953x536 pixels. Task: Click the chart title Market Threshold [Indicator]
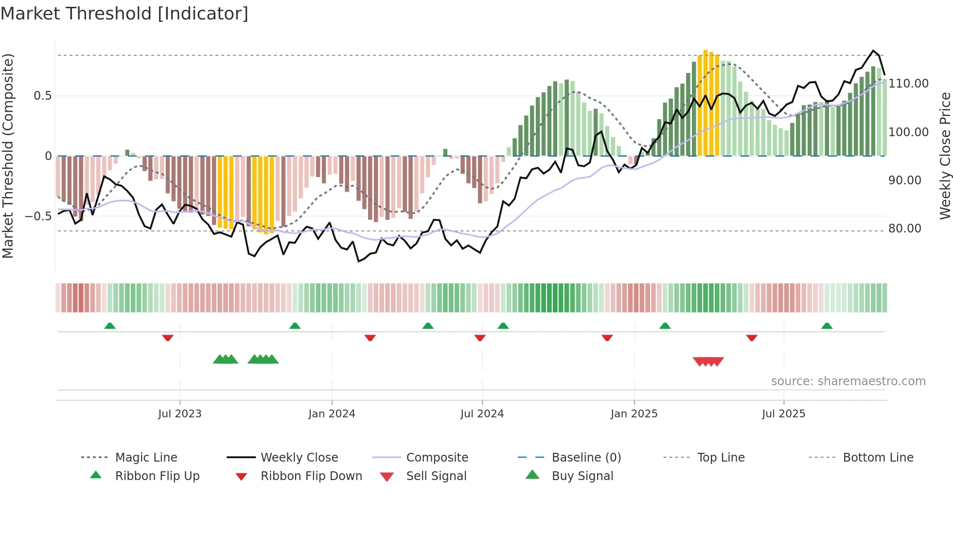pos(124,14)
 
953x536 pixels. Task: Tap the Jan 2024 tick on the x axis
pos(332,413)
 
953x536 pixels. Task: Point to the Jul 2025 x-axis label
pos(783,413)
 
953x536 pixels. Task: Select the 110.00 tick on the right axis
pos(908,84)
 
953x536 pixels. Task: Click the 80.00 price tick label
pos(904,229)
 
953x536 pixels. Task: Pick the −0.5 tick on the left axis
pos(38,216)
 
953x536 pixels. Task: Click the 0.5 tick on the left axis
pos(42,96)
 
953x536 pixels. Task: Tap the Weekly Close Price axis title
pos(945,156)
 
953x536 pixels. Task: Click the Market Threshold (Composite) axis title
pos(8,156)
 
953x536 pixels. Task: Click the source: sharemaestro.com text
pos(848,381)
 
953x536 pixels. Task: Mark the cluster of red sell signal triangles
pos(708,361)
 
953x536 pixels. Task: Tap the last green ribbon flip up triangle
pos(827,326)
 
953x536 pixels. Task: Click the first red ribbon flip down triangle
pos(168,338)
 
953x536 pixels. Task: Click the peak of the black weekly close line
pos(873,51)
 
